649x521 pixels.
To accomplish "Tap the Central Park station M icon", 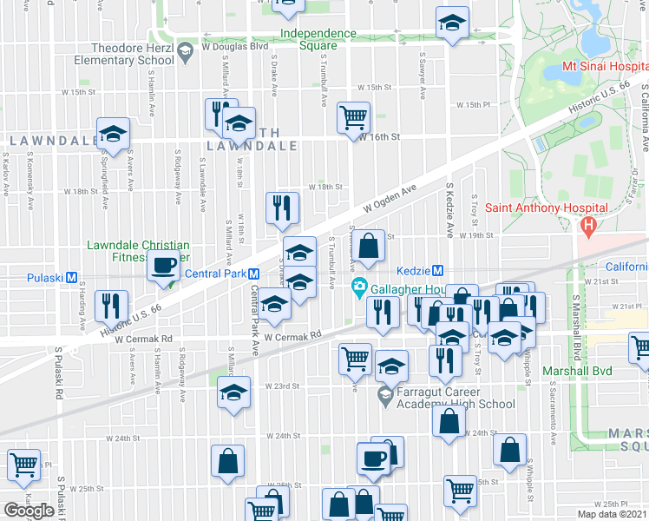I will tap(245, 273).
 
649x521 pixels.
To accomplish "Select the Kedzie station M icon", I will tap(438, 271).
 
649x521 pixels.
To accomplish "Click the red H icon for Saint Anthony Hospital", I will tap(588, 226).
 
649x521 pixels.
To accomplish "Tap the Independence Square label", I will tap(318, 40).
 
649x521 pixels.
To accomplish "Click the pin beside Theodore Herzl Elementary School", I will tap(185, 54).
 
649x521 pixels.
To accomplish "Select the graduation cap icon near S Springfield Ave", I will tap(112, 134).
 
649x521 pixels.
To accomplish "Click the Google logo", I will tap(29, 510).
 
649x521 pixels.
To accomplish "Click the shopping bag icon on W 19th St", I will tap(370, 247).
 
